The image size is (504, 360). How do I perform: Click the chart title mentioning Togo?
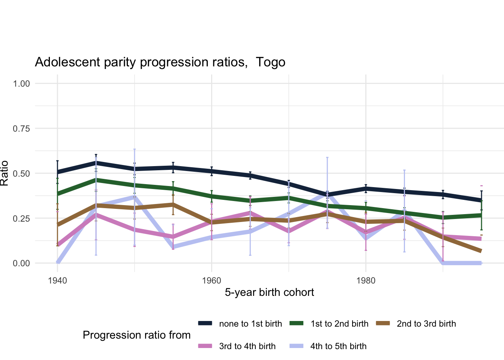tap(160, 62)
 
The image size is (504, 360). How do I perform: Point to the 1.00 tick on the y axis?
tap(21, 83)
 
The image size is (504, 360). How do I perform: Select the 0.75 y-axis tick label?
tap(21, 128)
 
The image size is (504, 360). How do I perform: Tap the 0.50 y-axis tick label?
tap(21, 173)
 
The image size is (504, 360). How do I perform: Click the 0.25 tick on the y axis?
tap(21, 218)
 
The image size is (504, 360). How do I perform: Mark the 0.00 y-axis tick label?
tap(21, 263)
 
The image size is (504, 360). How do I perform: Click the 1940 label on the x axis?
tap(57, 280)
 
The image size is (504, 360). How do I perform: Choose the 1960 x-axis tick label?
tap(211, 280)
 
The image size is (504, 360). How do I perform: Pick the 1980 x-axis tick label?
tap(366, 280)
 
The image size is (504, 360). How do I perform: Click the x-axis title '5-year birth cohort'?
tap(269, 292)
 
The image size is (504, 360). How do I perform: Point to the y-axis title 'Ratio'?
tap(4, 173)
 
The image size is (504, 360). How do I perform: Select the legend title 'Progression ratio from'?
tap(136, 335)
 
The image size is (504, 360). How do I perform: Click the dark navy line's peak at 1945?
tap(96, 162)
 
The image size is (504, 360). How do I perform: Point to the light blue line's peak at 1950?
tap(134, 196)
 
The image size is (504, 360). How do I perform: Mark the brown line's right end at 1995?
tap(481, 251)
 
